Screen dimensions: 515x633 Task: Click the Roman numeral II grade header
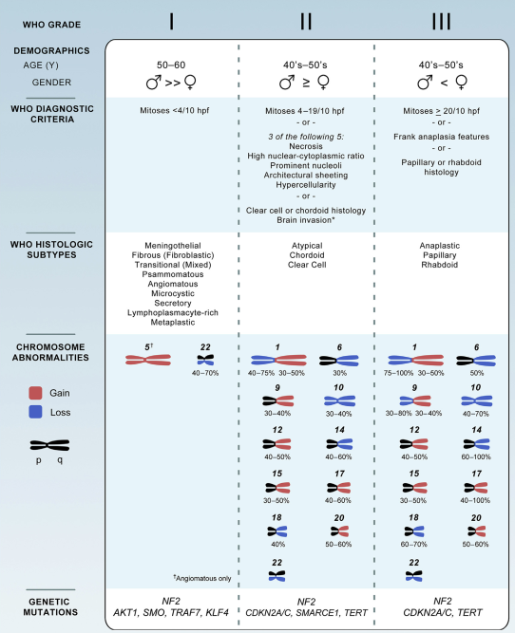tap(306, 22)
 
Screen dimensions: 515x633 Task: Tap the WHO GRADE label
tap(51, 25)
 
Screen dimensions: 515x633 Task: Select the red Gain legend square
tap(35, 393)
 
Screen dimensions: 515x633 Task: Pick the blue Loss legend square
tap(35, 412)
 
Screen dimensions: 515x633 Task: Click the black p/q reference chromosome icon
tap(49, 445)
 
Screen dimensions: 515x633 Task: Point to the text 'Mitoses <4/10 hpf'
tap(175, 111)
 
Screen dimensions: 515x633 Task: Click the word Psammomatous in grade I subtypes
tap(173, 274)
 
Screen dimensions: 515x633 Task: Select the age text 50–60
tap(171, 65)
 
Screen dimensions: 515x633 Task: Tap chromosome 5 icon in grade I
tap(148, 360)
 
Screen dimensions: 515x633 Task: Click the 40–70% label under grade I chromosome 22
tap(205, 373)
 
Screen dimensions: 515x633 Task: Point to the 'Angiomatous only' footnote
tap(202, 578)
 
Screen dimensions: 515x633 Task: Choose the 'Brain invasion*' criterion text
tap(306, 220)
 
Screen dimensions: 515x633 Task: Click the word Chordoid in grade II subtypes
tap(307, 255)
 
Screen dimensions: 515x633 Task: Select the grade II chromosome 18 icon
tap(277, 531)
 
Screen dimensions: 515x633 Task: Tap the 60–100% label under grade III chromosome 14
tap(476, 457)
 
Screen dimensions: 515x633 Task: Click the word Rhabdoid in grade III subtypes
tap(439, 265)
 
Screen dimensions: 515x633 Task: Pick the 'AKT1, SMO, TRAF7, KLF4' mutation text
tap(171, 613)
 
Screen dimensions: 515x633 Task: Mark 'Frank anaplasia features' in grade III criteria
tap(442, 137)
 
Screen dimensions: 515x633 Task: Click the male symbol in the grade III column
tap(425, 83)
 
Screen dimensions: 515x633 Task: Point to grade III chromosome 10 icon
tap(477, 400)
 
